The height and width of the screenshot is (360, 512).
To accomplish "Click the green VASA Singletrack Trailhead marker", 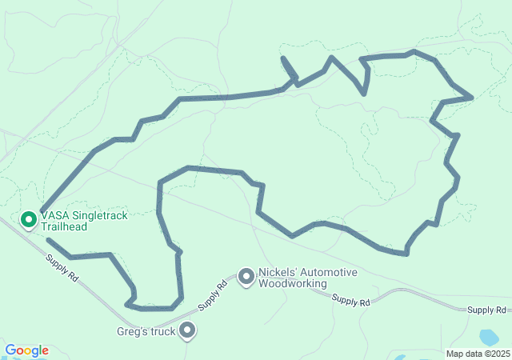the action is (29, 218).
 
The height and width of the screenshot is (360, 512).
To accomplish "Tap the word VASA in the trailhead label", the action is (55, 216).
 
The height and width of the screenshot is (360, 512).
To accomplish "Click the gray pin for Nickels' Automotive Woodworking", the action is (246, 277).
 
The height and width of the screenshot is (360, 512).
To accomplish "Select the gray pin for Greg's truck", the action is (188, 329).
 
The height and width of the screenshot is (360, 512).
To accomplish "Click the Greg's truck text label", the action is (147, 330).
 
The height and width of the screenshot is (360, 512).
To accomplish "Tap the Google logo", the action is (26, 350).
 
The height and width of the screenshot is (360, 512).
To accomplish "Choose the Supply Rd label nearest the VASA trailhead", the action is (62, 267).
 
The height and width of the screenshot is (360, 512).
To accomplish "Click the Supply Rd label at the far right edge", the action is (486, 310).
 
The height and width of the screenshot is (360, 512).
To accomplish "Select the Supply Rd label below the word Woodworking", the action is (350, 301).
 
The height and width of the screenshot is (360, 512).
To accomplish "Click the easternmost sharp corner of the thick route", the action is (472, 97).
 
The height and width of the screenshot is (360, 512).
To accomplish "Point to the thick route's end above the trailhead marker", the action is (42, 210).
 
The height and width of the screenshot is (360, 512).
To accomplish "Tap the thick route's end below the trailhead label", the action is (48, 239).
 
